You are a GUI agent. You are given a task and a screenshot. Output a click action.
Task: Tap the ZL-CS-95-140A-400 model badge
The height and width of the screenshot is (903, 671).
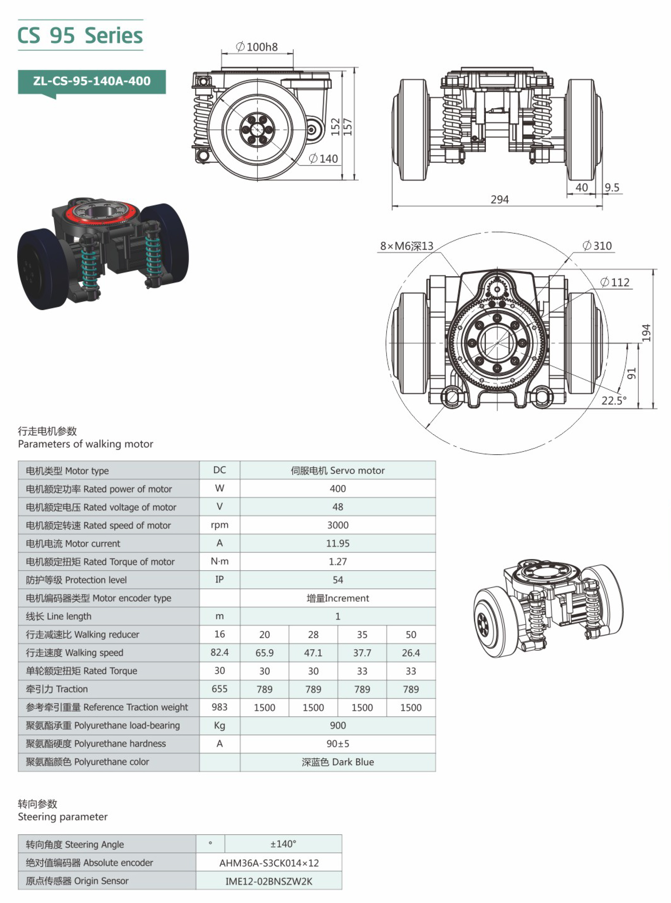click(x=92, y=81)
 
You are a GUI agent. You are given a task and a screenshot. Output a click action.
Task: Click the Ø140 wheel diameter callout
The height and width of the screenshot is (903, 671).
click(x=323, y=159)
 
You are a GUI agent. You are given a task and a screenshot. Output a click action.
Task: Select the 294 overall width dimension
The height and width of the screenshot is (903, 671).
click(x=499, y=200)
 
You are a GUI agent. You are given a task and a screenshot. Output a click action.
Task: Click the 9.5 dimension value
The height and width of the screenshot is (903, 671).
click(x=612, y=187)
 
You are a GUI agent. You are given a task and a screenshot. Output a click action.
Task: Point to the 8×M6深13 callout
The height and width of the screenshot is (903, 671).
click(x=407, y=246)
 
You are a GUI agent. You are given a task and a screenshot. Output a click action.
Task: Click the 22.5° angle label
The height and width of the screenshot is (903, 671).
click(x=614, y=401)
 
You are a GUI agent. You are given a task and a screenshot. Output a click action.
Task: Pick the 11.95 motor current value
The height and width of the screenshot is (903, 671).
click(x=337, y=544)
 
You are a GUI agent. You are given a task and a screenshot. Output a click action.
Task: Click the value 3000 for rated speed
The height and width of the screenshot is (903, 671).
click(x=337, y=525)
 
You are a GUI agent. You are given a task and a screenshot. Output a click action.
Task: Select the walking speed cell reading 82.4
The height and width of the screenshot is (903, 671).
click(x=219, y=652)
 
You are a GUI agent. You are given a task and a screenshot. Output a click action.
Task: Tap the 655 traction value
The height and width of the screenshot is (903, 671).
click(x=219, y=689)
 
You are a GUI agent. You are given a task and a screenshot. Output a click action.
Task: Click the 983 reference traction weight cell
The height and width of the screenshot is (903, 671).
click(x=219, y=707)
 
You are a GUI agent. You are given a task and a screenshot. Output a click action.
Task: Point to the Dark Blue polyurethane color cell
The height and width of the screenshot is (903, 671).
click(x=337, y=762)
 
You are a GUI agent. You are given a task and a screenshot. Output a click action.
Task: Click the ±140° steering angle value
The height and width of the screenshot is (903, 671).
click(x=283, y=844)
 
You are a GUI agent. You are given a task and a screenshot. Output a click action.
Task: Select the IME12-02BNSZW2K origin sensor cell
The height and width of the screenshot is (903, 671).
click(x=269, y=881)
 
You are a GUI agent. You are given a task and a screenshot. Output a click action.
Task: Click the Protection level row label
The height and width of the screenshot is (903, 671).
click(x=76, y=580)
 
